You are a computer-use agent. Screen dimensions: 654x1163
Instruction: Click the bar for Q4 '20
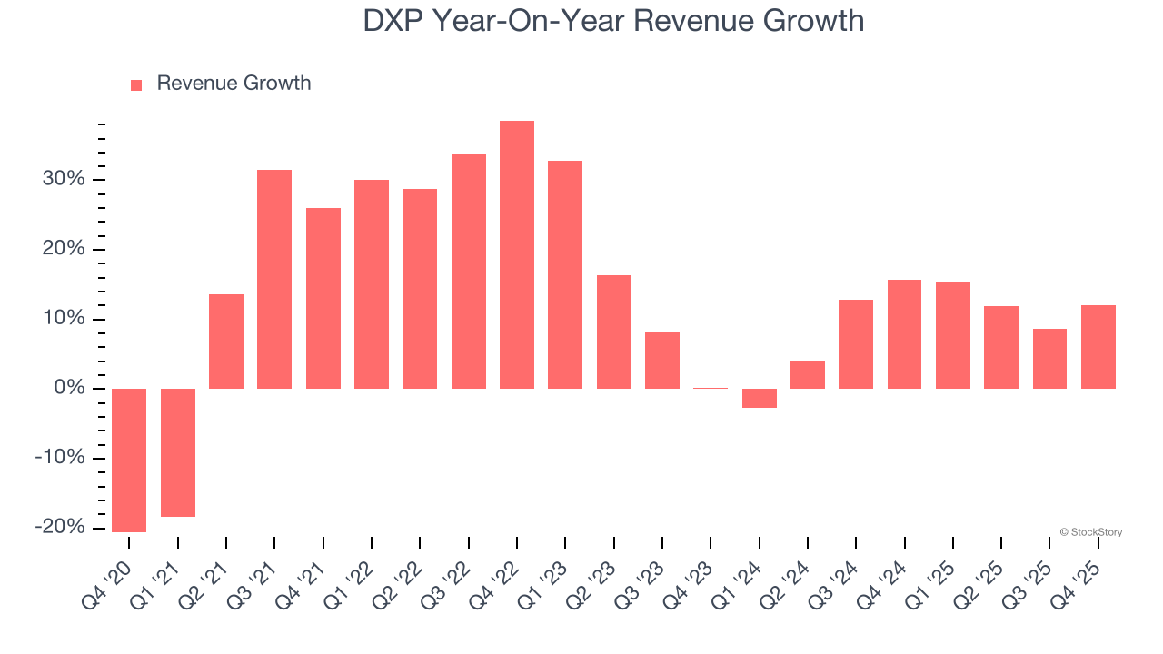129,460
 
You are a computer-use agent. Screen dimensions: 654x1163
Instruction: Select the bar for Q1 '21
178,452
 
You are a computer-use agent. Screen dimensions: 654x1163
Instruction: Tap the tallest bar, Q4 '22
517,254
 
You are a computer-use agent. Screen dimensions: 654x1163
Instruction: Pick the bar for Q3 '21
274,279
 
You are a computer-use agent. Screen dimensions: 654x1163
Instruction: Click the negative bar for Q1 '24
760,398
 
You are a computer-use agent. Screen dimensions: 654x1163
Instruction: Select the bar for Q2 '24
808,374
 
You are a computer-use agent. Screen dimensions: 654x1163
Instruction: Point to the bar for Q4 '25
1098,347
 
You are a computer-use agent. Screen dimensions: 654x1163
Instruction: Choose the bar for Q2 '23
614,332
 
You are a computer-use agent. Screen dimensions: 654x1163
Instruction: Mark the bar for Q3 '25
1049,359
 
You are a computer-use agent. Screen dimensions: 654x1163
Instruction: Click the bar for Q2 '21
226,342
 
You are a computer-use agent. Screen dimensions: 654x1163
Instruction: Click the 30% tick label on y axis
63,180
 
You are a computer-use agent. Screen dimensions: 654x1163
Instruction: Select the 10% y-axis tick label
63,319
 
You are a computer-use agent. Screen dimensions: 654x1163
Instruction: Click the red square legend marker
136,84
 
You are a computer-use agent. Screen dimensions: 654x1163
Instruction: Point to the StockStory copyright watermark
1090,532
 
